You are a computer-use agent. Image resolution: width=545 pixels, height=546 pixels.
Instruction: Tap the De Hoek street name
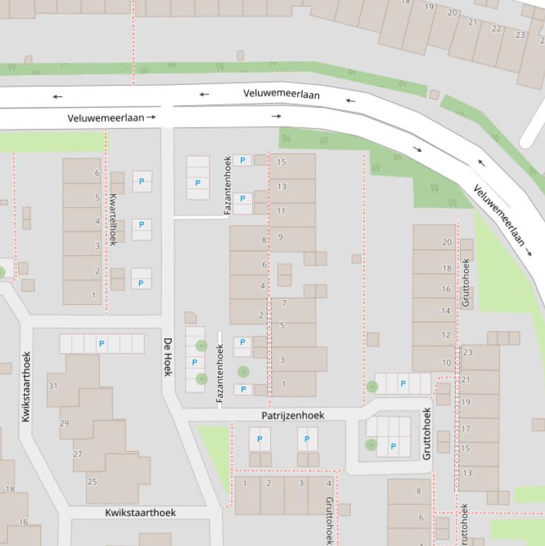click(x=168, y=357)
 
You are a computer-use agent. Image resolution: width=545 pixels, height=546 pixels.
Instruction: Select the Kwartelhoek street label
click(x=113, y=219)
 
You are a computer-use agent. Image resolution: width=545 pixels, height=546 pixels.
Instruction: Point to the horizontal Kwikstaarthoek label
click(x=140, y=512)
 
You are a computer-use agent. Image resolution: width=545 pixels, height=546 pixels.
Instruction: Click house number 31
click(x=53, y=386)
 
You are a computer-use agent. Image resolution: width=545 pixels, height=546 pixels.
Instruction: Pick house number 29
click(x=64, y=423)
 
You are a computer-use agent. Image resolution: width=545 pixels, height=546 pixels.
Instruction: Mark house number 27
click(x=77, y=455)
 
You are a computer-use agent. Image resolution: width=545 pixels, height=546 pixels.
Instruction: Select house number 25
click(x=92, y=481)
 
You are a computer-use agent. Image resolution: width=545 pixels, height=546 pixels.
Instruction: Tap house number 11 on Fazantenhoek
click(x=281, y=211)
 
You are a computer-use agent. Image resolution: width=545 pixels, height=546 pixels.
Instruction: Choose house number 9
click(x=281, y=237)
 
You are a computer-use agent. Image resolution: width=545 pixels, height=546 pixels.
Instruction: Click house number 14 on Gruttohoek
click(x=446, y=311)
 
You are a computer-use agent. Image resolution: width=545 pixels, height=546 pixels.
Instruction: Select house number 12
click(x=446, y=335)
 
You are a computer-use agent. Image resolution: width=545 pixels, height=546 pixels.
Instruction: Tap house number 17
click(x=466, y=429)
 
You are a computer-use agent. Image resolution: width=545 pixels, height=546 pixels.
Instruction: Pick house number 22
click(x=496, y=28)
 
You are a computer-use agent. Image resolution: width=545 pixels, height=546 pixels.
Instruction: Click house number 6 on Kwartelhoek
click(x=97, y=173)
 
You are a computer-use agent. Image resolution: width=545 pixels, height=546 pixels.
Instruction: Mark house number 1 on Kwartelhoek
click(x=94, y=295)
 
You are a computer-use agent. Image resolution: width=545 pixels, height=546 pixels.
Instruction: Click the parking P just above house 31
click(x=102, y=344)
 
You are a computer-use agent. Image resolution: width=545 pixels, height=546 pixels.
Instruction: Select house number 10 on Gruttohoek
click(x=446, y=362)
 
